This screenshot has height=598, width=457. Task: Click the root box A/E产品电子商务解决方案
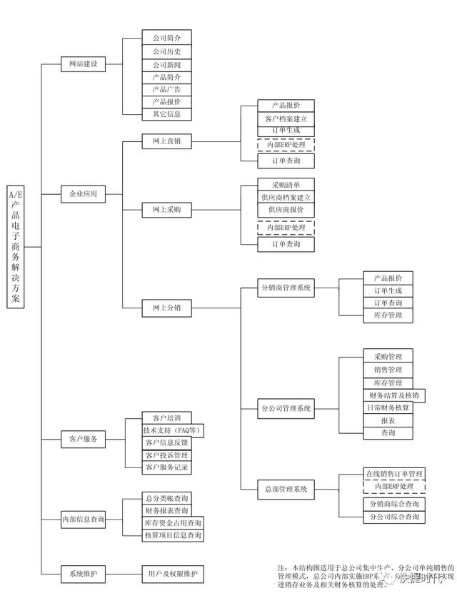[x=15, y=246]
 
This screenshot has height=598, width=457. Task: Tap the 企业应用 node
[x=83, y=193]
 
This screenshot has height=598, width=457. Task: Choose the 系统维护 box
[x=83, y=573]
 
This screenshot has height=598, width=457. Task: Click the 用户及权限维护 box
[x=172, y=573]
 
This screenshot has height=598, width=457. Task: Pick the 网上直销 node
[x=166, y=141]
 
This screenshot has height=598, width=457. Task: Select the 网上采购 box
[x=166, y=210]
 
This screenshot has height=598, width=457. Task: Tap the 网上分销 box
[x=166, y=308]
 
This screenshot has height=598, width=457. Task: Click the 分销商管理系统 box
[x=286, y=288]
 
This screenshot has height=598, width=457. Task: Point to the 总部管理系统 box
[x=286, y=489]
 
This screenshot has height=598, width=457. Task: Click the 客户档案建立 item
[x=286, y=118]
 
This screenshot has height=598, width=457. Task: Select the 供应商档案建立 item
[x=286, y=197]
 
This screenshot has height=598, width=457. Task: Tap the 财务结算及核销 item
[x=394, y=395]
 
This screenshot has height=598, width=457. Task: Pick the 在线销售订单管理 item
[x=394, y=473]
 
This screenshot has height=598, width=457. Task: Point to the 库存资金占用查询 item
[x=173, y=523]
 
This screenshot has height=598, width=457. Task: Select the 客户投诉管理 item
[x=166, y=455]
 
